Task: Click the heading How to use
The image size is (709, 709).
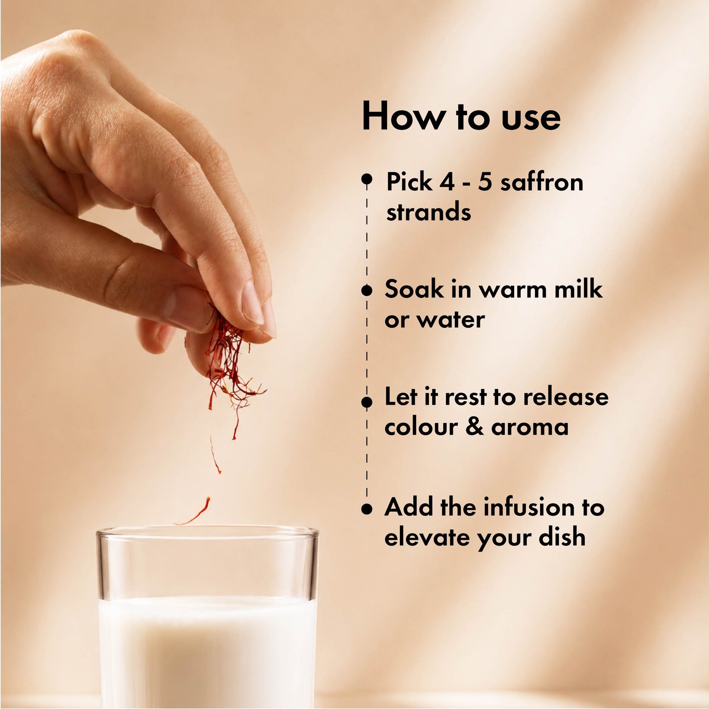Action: coord(461,116)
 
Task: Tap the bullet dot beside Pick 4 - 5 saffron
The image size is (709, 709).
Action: coord(367,179)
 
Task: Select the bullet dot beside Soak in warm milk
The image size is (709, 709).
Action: coord(367,290)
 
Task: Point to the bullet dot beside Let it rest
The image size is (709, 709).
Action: coord(367,402)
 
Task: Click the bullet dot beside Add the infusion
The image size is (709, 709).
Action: coord(367,509)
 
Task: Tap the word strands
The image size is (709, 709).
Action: coord(429,212)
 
